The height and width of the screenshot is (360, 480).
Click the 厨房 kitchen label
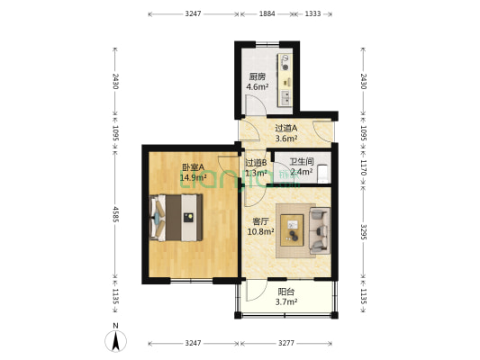point(258,76)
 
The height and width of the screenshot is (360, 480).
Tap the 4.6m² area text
point(258,87)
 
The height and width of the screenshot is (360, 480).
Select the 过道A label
point(286,128)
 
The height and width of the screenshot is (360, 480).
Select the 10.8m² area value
point(260,231)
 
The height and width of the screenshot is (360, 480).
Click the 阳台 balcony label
point(285,292)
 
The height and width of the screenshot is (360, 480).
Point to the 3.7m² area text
point(285,303)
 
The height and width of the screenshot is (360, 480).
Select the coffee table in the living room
point(294,228)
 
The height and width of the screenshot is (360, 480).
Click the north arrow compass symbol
point(117,341)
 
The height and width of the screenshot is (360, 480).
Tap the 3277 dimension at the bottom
point(285,344)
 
